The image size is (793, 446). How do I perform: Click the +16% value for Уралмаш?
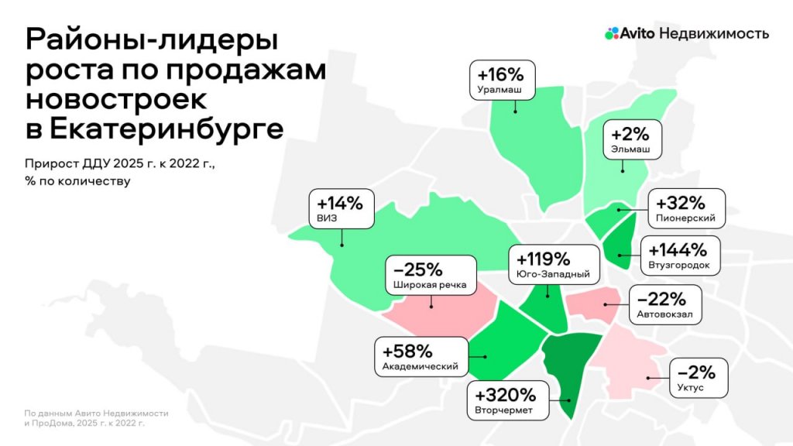(501, 75)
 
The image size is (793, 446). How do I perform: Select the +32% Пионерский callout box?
(687, 208)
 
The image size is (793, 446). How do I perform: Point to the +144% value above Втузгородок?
(678, 250)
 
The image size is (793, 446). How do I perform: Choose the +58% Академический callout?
(421, 356)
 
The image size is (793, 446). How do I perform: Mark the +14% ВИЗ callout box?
(341, 209)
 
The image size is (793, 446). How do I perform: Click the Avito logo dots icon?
(612, 33)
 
